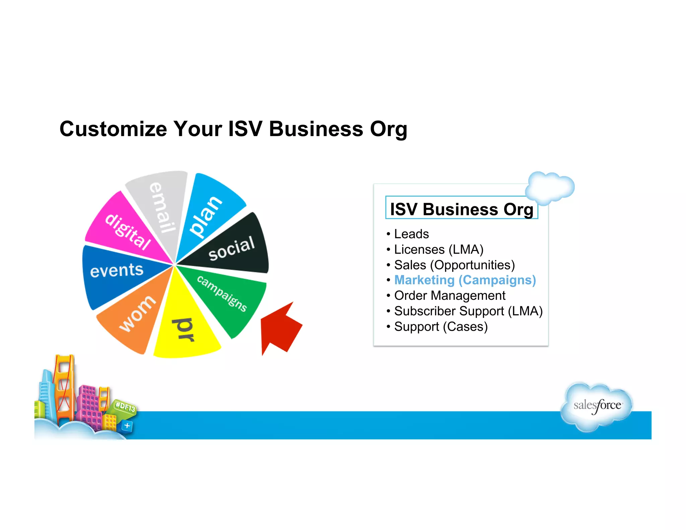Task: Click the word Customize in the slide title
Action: coord(113,129)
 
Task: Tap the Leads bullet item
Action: coord(411,234)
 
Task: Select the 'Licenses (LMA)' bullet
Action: coord(438,249)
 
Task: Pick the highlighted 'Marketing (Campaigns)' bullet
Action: coord(465,280)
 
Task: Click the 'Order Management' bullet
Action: coord(450,295)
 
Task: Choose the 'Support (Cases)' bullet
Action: coord(440,326)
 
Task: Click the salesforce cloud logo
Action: coord(597,406)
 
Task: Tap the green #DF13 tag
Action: coord(125,407)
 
